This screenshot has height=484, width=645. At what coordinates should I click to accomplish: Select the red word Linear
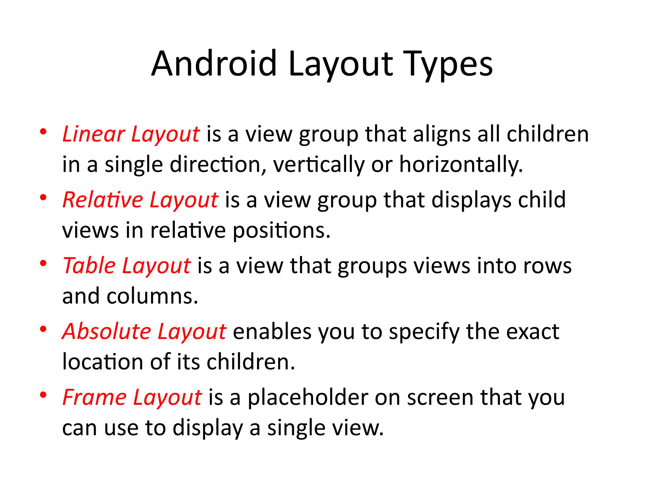coord(94,134)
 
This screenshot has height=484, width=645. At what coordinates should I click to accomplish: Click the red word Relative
coord(103,200)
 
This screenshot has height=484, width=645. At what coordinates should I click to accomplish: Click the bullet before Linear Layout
coord(43,132)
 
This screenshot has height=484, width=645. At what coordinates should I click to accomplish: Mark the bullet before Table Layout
coord(43,263)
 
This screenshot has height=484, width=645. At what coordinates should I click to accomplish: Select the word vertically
coord(319,164)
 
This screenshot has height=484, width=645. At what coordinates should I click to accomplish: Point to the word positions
coord(282,231)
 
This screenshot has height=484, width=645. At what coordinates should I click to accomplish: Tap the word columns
coord(152,296)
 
